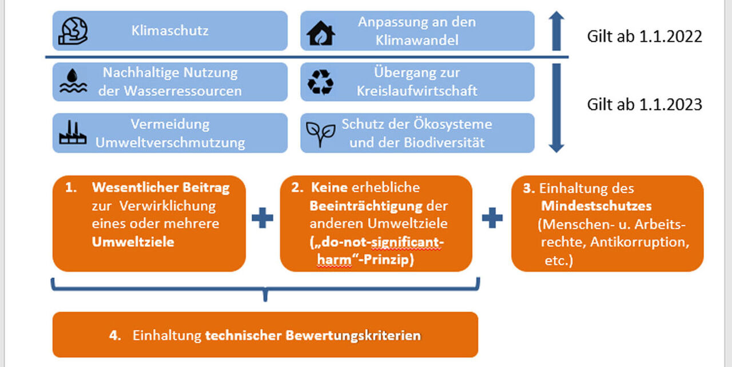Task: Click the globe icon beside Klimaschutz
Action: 73,31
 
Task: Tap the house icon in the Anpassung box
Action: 320,33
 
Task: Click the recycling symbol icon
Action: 320,82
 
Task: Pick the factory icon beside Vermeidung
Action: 73,133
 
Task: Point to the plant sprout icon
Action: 320,133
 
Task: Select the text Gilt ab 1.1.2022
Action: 645,37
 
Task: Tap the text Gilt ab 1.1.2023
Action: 645,105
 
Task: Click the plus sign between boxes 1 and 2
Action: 262,218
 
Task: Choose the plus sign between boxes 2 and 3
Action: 492,218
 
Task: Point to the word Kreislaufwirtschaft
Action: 417,91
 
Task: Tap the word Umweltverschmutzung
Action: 170,143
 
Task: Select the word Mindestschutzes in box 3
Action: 596,205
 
